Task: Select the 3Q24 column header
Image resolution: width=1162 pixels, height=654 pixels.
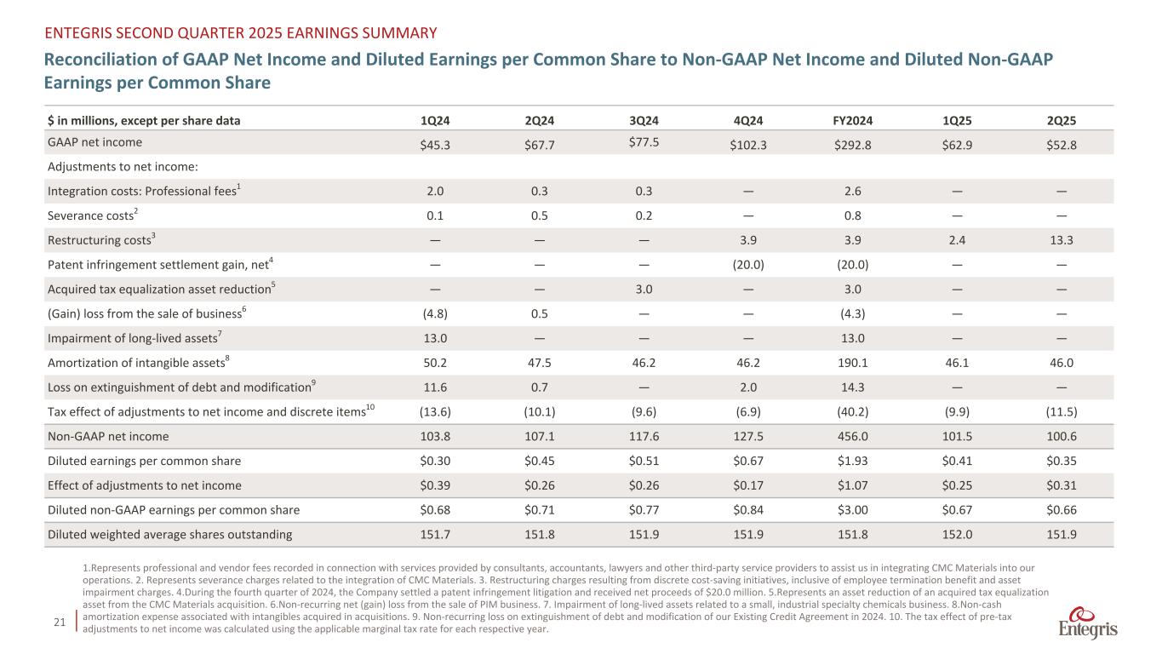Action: tap(644, 120)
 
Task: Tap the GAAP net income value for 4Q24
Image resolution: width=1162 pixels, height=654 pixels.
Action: tap(748, 145)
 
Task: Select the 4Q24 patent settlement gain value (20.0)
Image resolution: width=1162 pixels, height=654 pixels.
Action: tap(748, 264)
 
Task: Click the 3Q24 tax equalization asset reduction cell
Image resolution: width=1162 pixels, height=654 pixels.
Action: tap(644, 289)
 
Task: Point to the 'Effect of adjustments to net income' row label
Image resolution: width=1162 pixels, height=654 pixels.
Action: tap(145, 485)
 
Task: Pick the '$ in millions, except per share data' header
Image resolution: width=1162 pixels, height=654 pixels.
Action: tap(144, 120)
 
